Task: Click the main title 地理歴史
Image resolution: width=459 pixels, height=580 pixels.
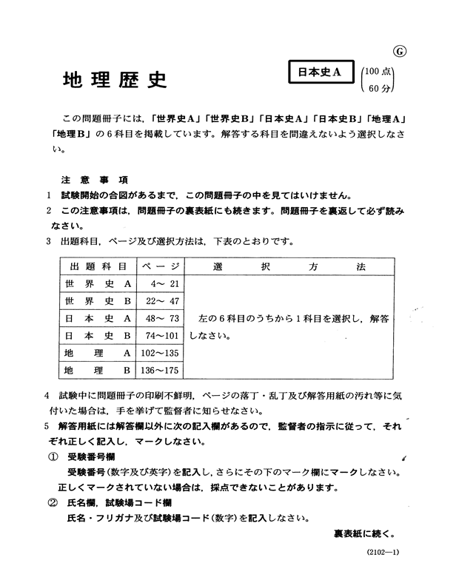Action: [115, 80]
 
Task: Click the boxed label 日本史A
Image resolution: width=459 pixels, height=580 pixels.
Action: [321, 72]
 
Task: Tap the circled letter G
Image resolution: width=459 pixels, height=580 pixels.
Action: [400, 52]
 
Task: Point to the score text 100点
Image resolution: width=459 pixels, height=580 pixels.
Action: [378, 71]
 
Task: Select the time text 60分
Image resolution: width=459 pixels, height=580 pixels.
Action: [379, 88]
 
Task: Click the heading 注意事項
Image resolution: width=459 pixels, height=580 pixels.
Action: [95, 181]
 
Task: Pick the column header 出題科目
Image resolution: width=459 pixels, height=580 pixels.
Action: [98, 266]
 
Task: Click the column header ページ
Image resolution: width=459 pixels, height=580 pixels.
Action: [161, 266]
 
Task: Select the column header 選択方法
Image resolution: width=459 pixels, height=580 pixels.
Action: [289, 266]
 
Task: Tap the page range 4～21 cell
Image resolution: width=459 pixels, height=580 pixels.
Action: [164, 284]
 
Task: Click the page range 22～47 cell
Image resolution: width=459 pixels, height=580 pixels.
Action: [163, 301]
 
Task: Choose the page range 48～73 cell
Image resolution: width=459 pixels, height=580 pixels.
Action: [163, 318]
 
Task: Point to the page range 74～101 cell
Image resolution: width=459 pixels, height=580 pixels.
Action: [162, 336]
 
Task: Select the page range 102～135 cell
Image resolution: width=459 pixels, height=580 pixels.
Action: [160, 354]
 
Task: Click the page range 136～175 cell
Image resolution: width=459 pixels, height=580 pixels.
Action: [160, 370]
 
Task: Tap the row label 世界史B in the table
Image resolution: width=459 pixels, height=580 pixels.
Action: [98, 301]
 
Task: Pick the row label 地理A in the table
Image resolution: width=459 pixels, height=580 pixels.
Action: [98, 354]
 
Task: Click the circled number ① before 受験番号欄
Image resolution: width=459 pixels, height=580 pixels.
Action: [53, 457]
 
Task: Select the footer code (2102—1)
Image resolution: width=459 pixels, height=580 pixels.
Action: [383, 552]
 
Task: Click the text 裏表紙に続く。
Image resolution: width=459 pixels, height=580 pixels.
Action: [364, 533]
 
